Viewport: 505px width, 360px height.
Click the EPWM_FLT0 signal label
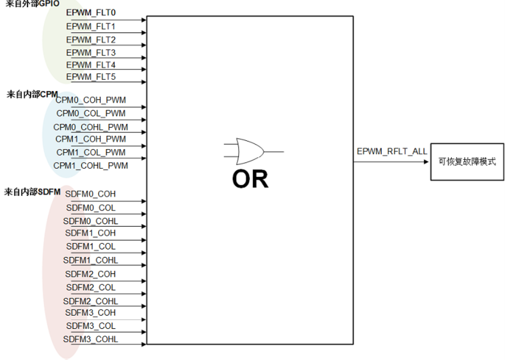click(91, 13)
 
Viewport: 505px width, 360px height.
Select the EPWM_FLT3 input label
click(91, 53)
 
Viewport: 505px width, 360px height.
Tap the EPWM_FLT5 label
click(91, 77)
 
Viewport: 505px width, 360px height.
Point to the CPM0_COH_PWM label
click(90, 100)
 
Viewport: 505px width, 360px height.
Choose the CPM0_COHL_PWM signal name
click(90, 128)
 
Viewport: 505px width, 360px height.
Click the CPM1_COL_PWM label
click(91, 152)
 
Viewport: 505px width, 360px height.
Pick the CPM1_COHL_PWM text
click(90, 165)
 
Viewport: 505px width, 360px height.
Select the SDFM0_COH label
click(90, 194)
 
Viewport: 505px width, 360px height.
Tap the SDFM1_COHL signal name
click(90, 260)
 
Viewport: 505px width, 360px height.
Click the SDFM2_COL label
click(91, 288)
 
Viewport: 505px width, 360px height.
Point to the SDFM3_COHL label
click(90, 339)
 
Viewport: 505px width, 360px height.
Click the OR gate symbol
click(254, 152)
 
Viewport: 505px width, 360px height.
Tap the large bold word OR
click(250, 179)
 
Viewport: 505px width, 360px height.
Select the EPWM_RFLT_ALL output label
click(392, 152)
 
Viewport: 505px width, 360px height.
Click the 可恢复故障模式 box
click(467, 162)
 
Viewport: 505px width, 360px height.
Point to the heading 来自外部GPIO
click(32, 3)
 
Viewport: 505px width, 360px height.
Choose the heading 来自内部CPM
click(32, 95)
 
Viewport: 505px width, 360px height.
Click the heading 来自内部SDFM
click(32, 192)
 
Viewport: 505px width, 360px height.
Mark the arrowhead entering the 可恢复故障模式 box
click(426, 162)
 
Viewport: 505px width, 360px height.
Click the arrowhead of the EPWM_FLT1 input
click(144, 33)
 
